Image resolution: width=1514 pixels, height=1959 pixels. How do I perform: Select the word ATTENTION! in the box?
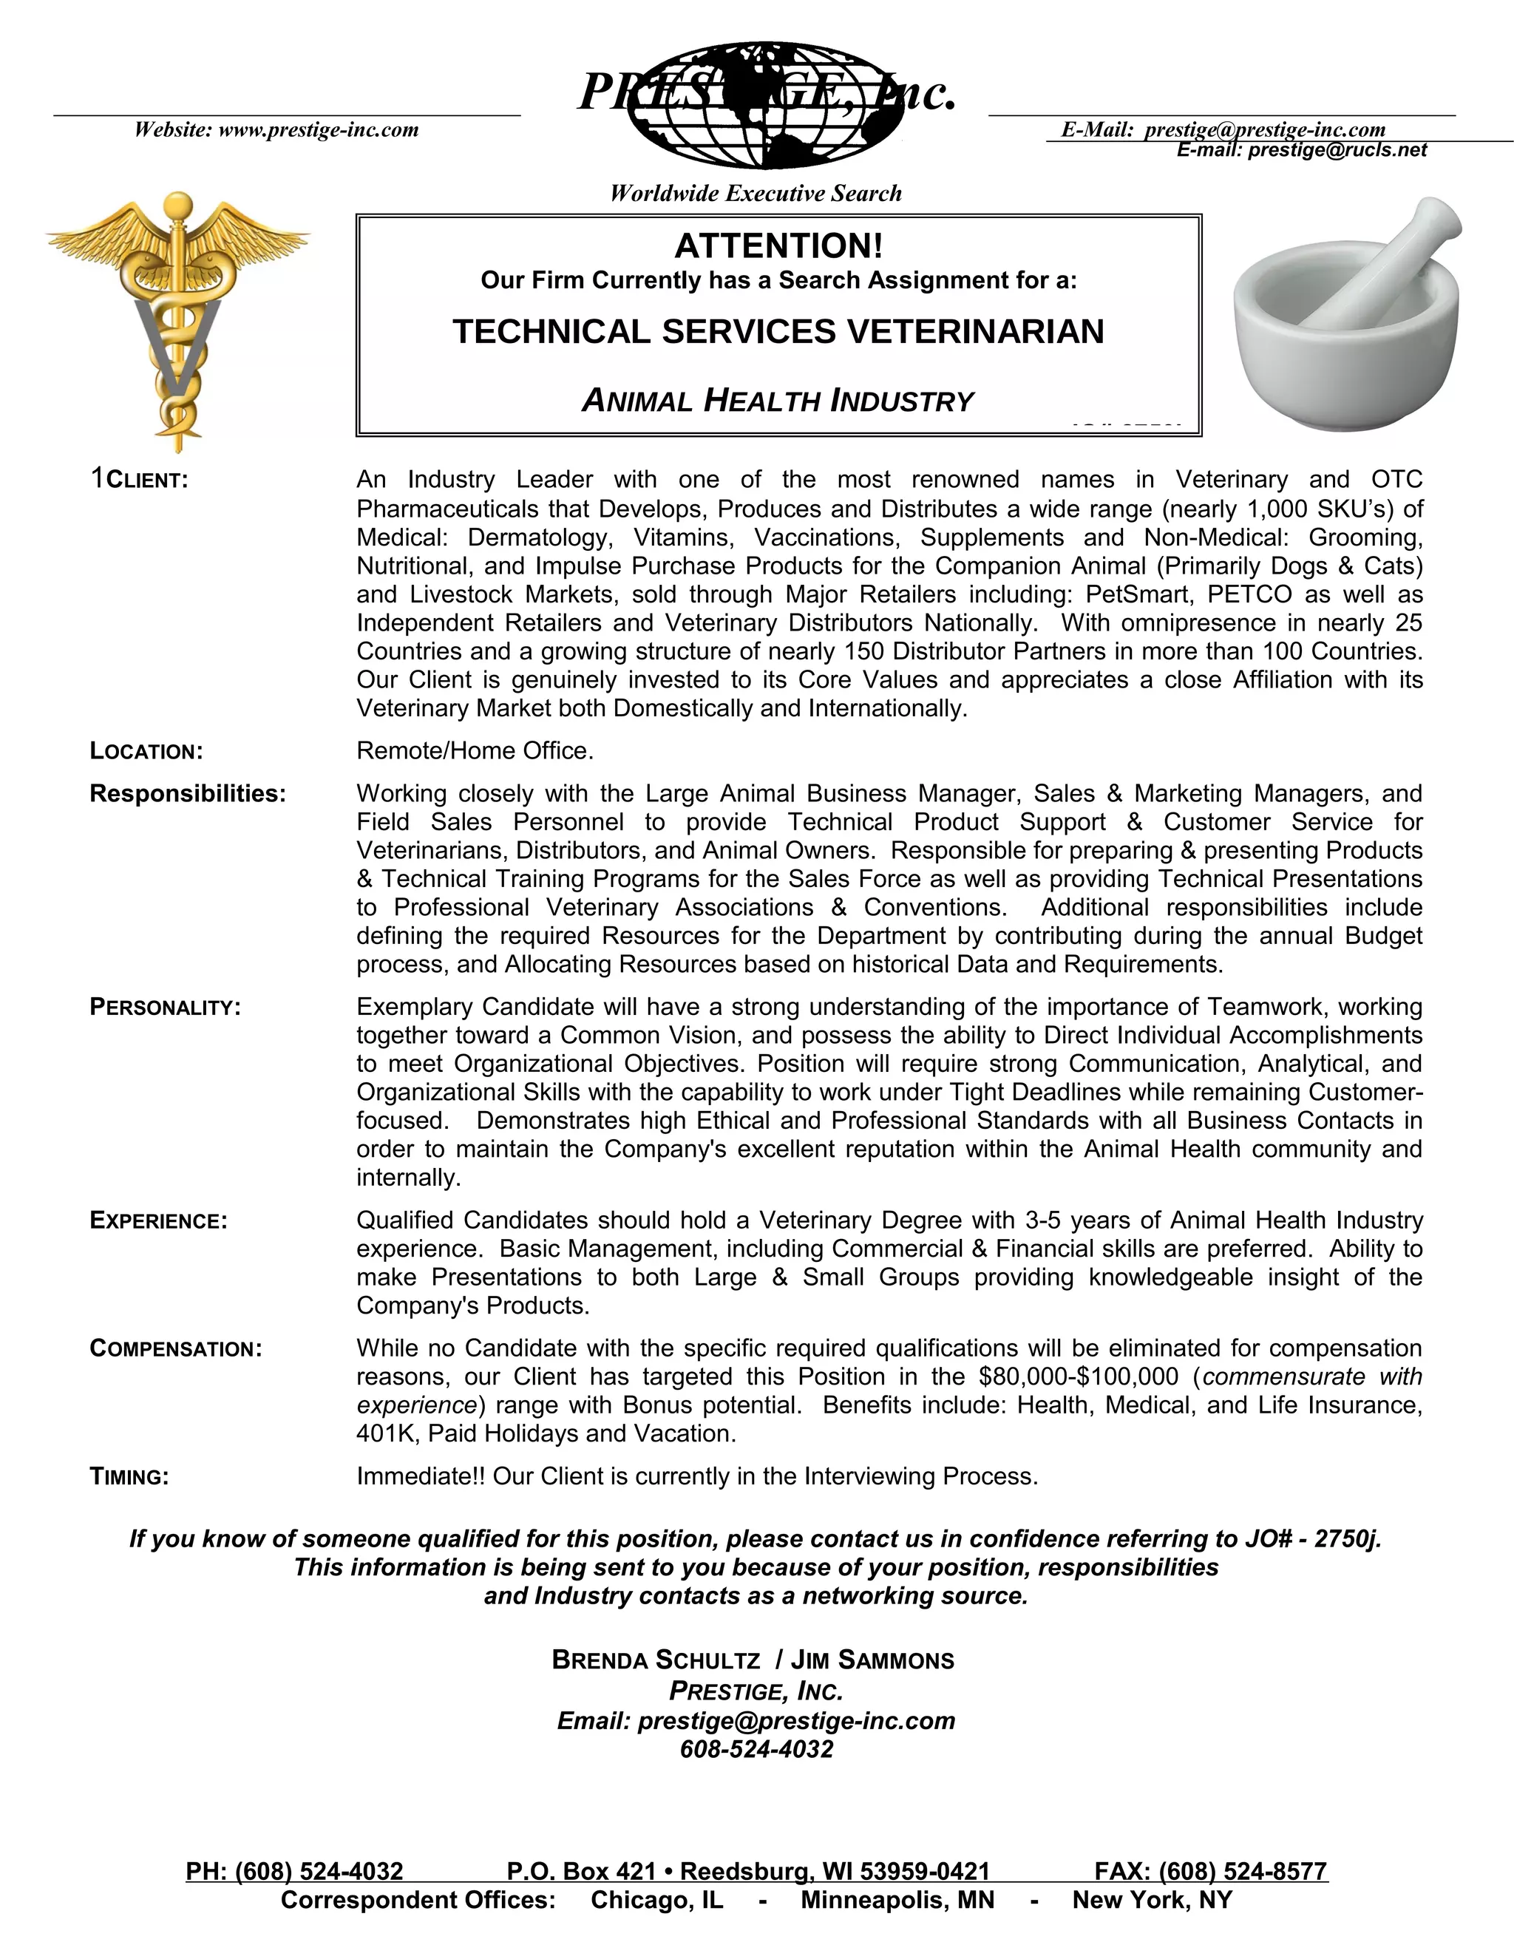click(x=778, y=245)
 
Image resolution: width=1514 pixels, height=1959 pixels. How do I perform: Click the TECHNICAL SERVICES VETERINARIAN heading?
click(x=778, y=332)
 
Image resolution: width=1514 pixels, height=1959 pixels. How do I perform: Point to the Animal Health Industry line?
click(x=778, y=401)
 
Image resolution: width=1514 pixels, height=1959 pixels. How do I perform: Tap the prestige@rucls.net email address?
click(x=1337, y=151)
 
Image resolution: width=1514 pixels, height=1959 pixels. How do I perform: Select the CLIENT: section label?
click(x=146, y=481)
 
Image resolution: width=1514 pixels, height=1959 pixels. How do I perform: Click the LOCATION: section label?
click(x=146, y=752)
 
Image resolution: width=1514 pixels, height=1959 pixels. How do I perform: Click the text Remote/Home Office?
click(x=475, y=751)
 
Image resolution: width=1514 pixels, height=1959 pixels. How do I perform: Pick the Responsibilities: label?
click(x=188, y=794)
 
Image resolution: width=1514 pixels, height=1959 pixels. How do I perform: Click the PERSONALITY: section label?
click(x=165, y=1008)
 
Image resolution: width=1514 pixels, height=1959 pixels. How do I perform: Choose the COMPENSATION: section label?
click(x=176, y=1350)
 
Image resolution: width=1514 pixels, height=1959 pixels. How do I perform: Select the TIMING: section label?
click(x=129, y=1477)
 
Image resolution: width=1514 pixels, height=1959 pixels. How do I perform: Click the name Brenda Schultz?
click(x=656, y=1660)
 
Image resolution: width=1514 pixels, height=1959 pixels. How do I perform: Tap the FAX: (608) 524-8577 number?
click(x=1210, y=1872)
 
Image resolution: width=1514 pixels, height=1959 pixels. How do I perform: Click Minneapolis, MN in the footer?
click(x=897, y=1900)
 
